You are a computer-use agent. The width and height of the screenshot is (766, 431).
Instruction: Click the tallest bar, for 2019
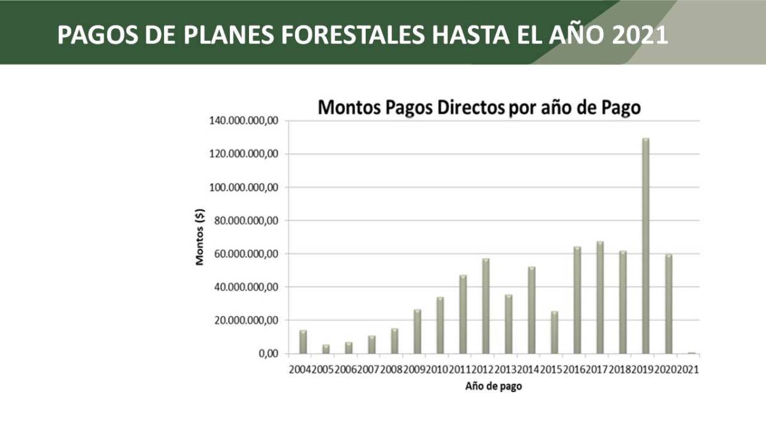pyautogui.click(x=645, y=246)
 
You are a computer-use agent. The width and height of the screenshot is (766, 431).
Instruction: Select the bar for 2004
pyautogui.click(x=303, y=342)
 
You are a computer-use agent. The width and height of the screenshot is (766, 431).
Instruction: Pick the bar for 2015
pyautogui.click(x=554, y=332)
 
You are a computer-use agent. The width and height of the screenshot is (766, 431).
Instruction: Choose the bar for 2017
pyautogui.click(x=600, y=298)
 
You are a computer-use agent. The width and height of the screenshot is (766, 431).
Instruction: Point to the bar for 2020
pyautogui.click(x=668, y=304)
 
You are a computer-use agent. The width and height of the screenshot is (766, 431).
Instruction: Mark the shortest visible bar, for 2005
pyautogui.click(x=326, y=349)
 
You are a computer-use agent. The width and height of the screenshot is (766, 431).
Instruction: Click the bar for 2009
pyautogui.click(x=417, y=331)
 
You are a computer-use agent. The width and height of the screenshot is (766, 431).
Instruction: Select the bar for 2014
pyautogui.click(x=531, y=310)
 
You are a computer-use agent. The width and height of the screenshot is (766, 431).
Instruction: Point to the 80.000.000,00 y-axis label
pyautogui.click(x=243, y=221)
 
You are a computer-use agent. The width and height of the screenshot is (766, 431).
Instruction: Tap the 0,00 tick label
pyautogui.click(x=266, y=354)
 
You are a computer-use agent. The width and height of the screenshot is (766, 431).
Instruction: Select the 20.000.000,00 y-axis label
pyautogui.click(x=243, y=321)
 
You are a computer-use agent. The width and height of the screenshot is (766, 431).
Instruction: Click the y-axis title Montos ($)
pyautogui.click(x=200, y=238)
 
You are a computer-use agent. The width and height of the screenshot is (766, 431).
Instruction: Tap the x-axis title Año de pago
pyautogui.click(x=493, y=386)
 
